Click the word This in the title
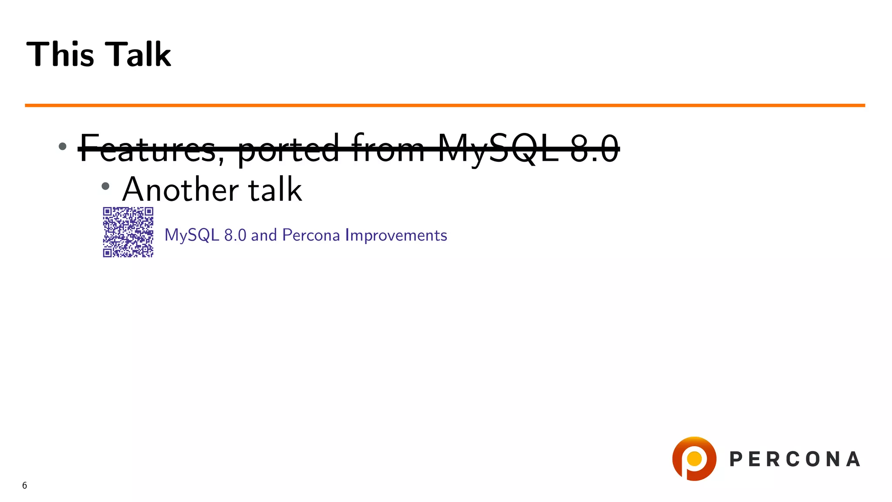point(60,54)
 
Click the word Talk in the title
point(139,54)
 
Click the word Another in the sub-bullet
point(180,190)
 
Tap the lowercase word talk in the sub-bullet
point(275,190)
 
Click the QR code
point(128,232)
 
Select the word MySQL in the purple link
point(192,235)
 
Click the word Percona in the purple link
point(311,235)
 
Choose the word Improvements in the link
point(396,235)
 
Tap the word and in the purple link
point(264,235)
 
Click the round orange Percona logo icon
point(694,459)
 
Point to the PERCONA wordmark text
point(794,459)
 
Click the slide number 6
point(24,485)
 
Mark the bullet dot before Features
point(62,146)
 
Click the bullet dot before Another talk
point(105,187)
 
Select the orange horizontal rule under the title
point(444,105)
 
